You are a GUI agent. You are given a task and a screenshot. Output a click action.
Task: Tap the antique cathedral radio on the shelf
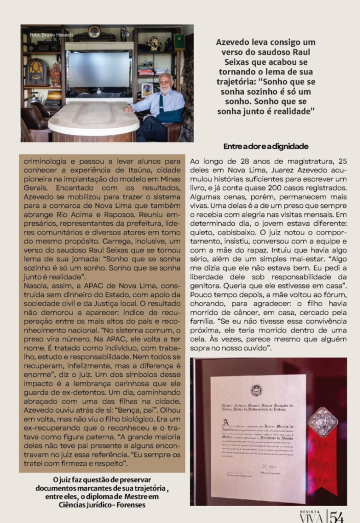click(x=36, y=71)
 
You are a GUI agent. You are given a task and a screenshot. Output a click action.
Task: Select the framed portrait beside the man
click(x=147, y=89)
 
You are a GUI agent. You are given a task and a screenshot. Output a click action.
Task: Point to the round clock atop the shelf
click(x=94, y=32)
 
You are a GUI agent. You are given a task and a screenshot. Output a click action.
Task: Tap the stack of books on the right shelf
click(x=146, y=70)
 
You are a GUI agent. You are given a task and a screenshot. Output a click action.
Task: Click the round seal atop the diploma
click(x=256, y=390)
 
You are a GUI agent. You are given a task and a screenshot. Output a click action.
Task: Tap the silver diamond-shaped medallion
click(x=322, y=421)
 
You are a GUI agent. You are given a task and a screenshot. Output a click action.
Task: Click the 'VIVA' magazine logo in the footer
click(x=311, y=518)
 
